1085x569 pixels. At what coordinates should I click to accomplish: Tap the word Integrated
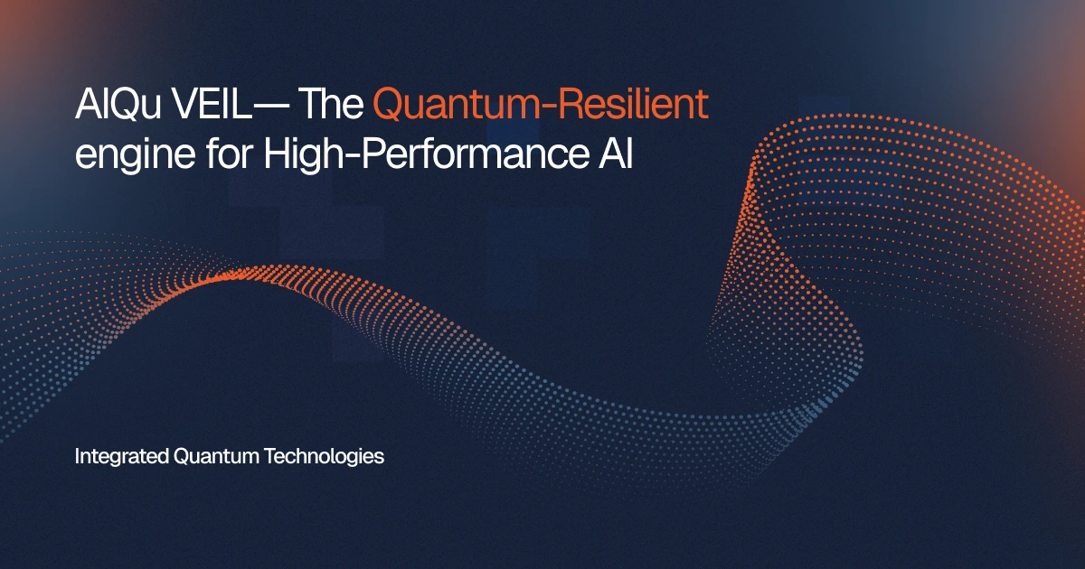tap(120, 457)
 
